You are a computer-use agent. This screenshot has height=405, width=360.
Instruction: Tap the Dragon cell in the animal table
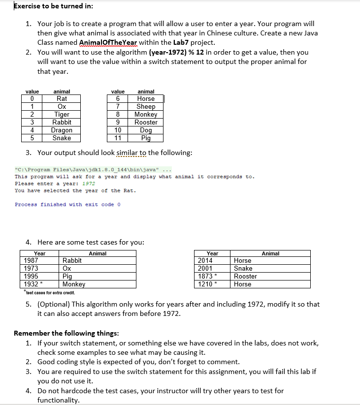[x=62, y=130]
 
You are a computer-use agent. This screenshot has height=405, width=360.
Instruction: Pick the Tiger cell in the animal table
[x=62, y=115]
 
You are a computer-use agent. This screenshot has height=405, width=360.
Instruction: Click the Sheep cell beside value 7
[x=146, y=107]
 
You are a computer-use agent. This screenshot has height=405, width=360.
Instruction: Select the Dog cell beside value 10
[x=146, y=130]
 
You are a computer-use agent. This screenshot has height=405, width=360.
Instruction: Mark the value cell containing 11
[x=118, y=138]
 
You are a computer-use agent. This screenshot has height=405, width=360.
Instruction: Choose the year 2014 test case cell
[x=205, y=261]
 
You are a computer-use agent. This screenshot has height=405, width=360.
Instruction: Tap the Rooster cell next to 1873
[x=244, y=277]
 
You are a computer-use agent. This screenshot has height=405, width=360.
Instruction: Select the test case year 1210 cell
[x=205, y=284]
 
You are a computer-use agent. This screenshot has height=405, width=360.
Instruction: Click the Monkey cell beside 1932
[x=74, y=284]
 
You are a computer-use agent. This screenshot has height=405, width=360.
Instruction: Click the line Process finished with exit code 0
[x=67, y=205]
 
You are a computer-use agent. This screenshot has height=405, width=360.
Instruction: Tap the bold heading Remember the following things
[x=66, y=333]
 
